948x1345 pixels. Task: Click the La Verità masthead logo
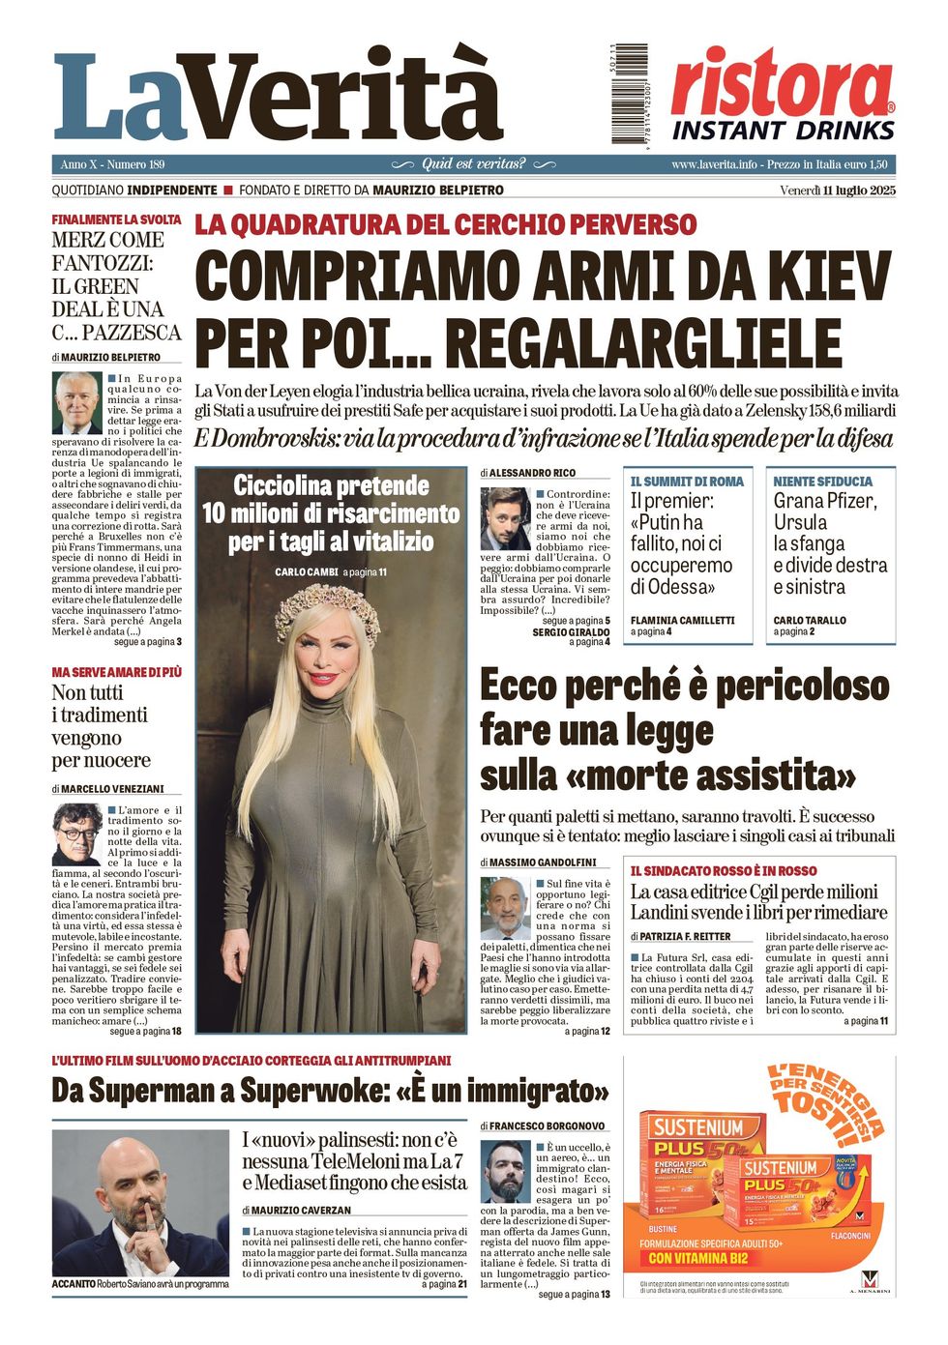click(279, 96)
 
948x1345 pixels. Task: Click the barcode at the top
click(630, 94)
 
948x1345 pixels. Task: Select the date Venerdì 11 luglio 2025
click(837, 190)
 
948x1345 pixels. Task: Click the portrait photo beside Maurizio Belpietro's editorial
click(77, 402)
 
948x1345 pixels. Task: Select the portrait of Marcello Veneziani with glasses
click(77, 833)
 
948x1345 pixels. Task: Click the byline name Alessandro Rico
click(531, 473)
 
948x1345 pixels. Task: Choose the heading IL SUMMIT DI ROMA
click(687, 482)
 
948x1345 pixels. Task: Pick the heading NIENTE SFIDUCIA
click(822, 482)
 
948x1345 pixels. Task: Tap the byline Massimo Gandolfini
click(543, 863)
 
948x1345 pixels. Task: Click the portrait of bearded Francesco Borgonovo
click(506, 1172)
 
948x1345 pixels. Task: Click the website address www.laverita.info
click(714, 164)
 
